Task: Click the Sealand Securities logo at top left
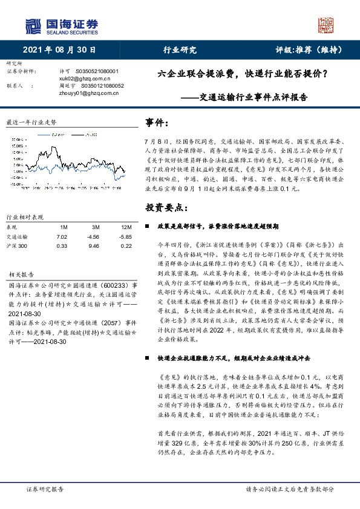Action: click(61, 25)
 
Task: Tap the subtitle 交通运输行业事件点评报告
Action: click(253, 96)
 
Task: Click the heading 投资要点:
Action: click(163, 207)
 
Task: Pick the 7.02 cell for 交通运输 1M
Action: click(62, 237)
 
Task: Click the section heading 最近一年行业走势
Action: click(30, 122)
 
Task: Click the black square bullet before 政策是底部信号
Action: click(149, 225)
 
